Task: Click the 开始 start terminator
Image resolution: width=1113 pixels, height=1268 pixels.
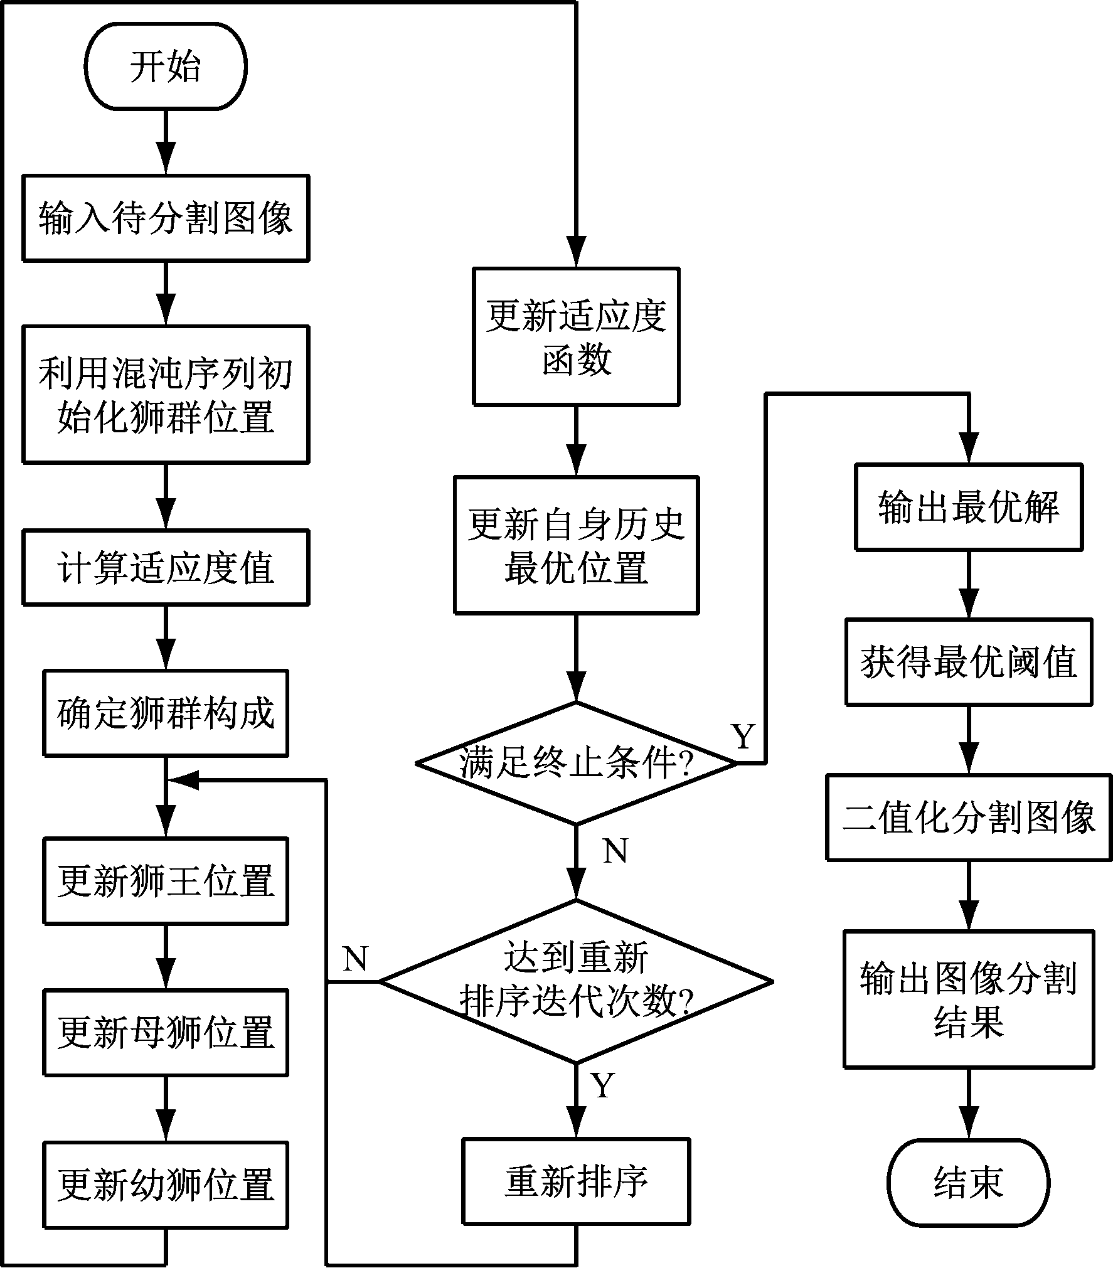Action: click(166, 67)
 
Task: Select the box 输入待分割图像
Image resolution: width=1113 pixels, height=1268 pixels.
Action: click(166, 218)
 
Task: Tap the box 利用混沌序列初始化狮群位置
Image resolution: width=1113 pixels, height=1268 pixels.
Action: click(166, 394)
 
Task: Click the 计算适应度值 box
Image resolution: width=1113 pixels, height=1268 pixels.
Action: click(166, 568)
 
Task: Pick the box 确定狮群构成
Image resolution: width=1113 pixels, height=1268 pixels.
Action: click(166, 713)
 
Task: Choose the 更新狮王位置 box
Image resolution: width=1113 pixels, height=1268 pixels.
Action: click(166, 881)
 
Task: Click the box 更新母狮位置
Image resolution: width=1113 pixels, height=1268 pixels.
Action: click(166, 1033)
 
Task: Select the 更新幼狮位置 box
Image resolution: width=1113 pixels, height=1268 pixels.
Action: click(166, 1185)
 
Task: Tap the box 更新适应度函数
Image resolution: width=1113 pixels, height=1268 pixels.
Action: click(575, 337)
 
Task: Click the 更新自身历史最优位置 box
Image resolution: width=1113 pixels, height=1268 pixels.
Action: click(575, 545)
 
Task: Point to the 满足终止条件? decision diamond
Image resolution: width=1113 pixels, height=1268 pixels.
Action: click(575, 764)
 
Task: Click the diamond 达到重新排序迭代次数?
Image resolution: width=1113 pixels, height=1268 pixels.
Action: click(575, 981)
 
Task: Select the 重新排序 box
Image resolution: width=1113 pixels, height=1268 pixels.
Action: click(575, 1181)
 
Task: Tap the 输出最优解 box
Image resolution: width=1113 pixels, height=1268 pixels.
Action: click(969, 508)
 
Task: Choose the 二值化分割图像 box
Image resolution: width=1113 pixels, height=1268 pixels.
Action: click(969, 818)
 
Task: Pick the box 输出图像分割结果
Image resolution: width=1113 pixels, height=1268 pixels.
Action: click(969, 999)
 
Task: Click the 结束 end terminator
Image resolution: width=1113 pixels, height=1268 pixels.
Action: click(969, 1183)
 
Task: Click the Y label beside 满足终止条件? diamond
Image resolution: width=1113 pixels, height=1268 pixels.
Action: click(743, 736)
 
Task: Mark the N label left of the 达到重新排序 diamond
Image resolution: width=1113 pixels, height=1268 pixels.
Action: click(355, 958)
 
